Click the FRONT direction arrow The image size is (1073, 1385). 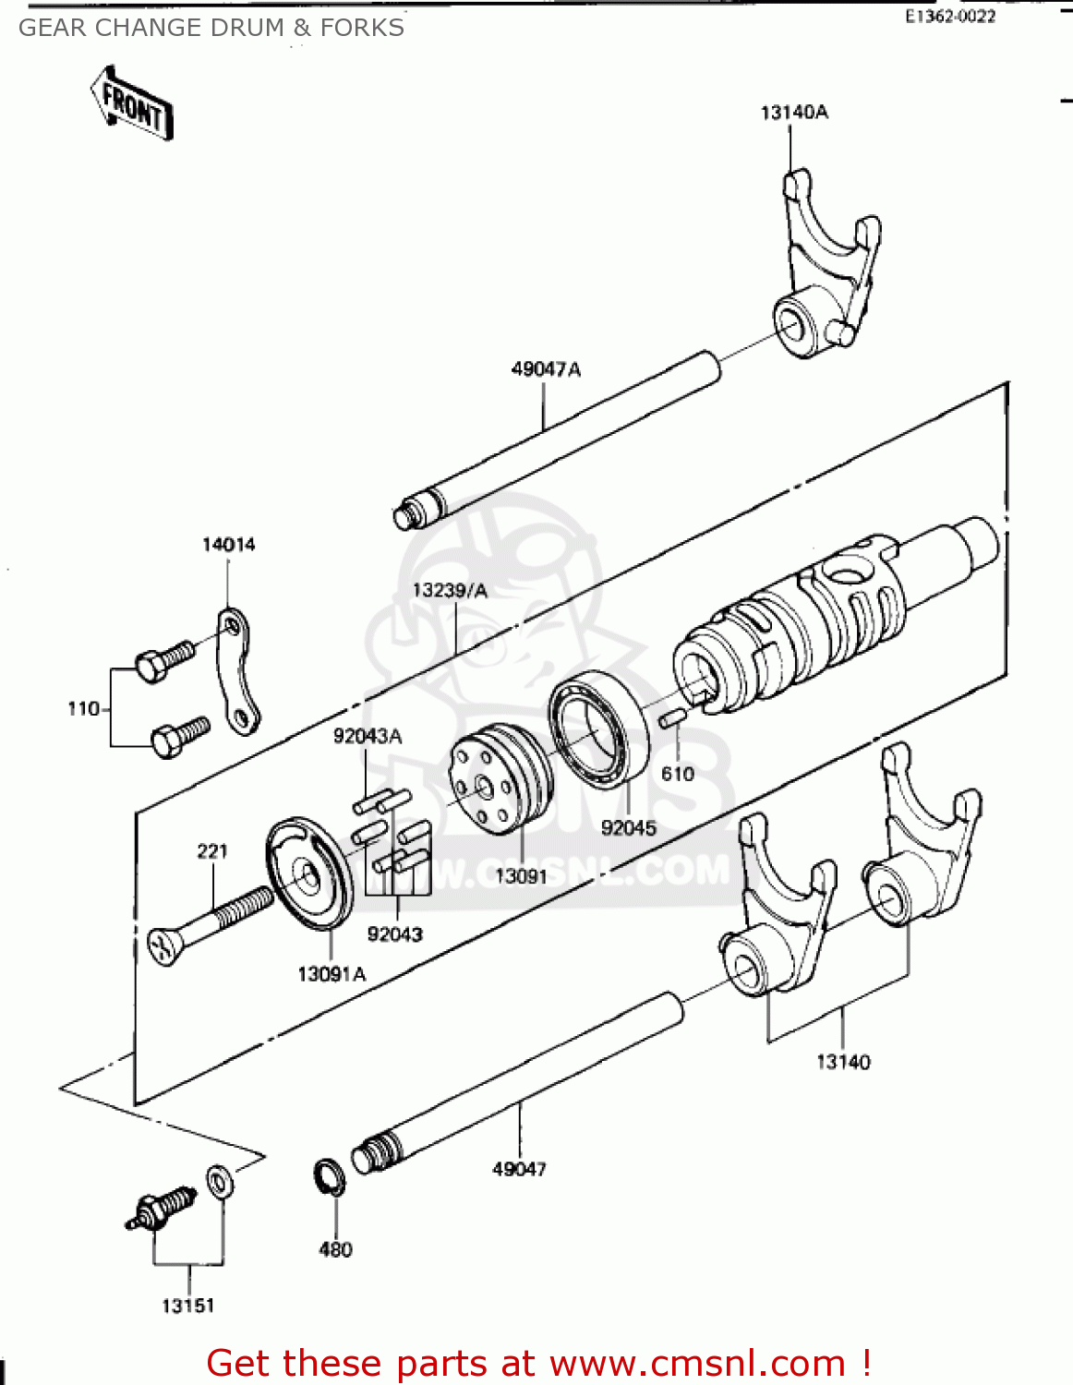132,103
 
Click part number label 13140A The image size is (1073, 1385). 794,113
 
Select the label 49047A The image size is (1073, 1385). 546,369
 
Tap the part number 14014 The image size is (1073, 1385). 228,545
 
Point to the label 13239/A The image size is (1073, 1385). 450,591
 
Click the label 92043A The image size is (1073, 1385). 368,736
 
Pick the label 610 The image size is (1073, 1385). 678,774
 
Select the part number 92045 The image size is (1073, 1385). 629,828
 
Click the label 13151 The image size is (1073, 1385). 188,1306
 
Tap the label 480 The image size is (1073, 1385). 335,1249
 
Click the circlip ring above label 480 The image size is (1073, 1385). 330,1175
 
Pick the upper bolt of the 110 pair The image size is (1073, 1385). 164,660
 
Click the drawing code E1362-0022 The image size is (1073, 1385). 950,16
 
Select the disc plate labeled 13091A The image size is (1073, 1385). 309,873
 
